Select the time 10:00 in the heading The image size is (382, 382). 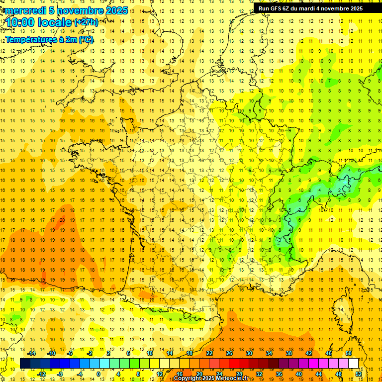[23, 23]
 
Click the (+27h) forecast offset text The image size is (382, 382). [86, 22]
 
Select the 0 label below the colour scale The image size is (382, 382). [98, 374]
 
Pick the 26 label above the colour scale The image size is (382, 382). [229, 353]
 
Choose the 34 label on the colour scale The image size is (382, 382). [269, 353]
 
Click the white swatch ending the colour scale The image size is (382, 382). [354, 364]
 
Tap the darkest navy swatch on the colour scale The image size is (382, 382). [24, 364]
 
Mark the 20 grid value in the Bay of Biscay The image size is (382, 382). [62, 220]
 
